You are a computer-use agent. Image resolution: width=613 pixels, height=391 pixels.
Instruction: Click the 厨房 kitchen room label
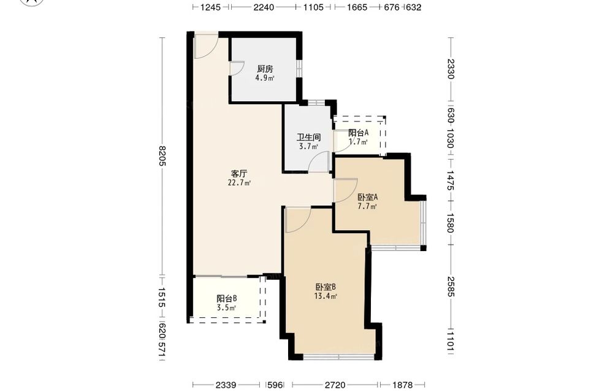coord(265,69)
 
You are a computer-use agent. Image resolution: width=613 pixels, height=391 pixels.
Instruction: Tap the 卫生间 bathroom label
coord(308,137)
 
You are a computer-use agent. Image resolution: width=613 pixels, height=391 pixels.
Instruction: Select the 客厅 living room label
coord(239,173)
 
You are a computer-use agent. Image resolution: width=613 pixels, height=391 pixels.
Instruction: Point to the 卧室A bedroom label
coord(367,197)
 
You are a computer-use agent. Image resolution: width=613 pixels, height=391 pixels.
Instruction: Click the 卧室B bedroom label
coord(326,287)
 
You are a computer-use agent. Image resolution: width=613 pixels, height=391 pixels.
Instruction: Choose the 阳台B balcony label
coord(227,299)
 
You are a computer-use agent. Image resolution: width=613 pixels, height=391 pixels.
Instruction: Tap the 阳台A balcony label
coord(358,133)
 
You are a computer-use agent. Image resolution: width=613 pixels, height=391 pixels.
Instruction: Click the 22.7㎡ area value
coord(239,183)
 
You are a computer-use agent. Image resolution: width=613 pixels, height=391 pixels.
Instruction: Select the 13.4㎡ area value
coord(326,296)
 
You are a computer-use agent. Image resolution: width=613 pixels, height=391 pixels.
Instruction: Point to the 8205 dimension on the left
coord(162,155)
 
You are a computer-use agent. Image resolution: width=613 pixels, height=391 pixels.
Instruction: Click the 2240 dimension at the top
coord(264,7)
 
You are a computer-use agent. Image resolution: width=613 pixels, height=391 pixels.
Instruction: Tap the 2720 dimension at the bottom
coord(335,385)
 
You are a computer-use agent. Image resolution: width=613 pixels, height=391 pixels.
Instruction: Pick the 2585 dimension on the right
coord(451,287)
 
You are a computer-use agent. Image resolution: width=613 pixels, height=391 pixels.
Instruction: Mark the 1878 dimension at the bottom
coord(402,385)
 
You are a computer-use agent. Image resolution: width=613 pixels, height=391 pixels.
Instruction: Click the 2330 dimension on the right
coord(451,69)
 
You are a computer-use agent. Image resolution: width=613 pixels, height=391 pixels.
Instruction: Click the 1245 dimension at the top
coord(211,7)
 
